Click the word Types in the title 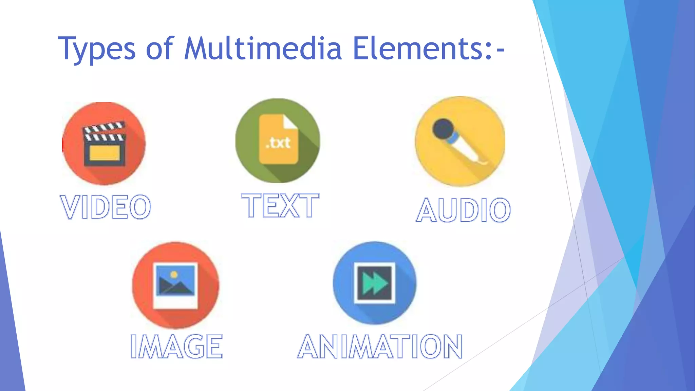(97, 49)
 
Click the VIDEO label (106, 207)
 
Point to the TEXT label (280, 205)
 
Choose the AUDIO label (463, 210)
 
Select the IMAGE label (176, 346)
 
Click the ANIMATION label (380, 346)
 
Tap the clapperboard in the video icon (105, 144)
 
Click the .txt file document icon (278, 139)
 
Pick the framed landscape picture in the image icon (175, 285)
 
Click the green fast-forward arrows (375, 283)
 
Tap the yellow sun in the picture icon (174, 274)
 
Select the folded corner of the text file (290, 122)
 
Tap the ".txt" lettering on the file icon (278, 143)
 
